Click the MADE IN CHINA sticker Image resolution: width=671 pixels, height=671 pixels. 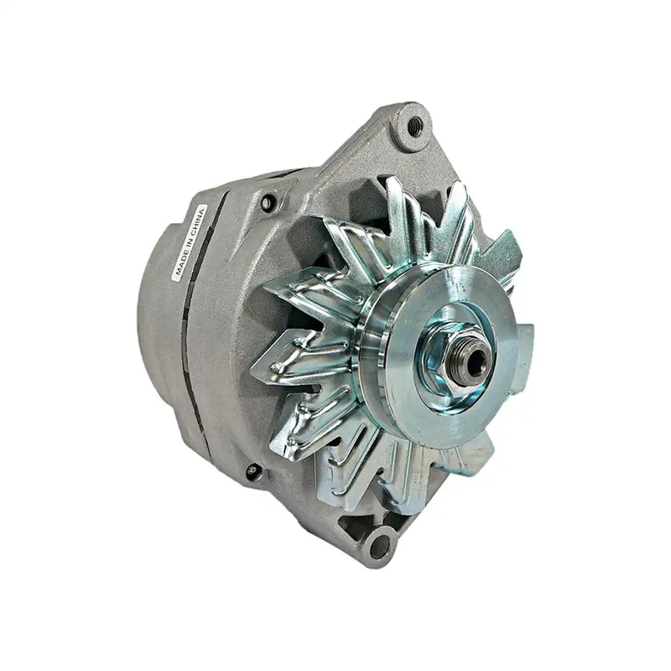(189, 241)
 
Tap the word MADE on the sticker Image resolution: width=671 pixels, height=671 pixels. (180, 265)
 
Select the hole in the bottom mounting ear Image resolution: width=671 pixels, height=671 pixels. (378, 546)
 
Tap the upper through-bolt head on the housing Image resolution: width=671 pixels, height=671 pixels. (268, 202)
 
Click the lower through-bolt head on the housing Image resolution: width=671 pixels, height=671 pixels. (252, 472)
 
